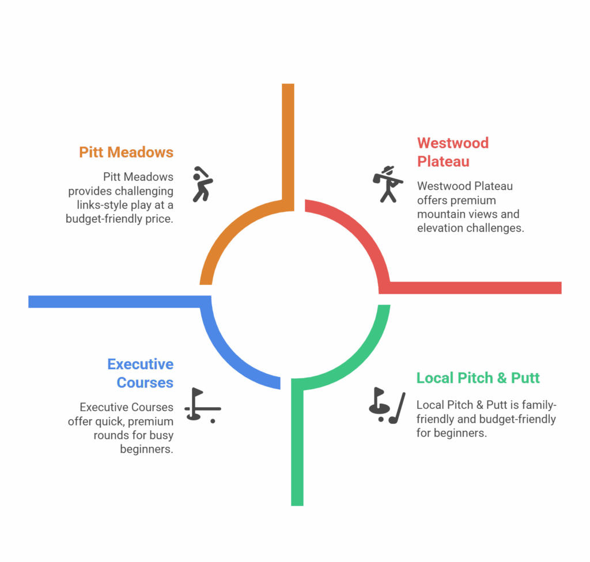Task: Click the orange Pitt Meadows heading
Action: click(126, 152)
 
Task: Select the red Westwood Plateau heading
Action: click(452, 151)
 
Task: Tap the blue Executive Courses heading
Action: click(141, 373)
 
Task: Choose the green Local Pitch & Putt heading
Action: click(478, 378)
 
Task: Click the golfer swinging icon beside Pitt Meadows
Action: click(202, 184)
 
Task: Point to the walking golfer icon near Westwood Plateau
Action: click(388, 184)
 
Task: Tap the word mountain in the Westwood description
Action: click(439, 214)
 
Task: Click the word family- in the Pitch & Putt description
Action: click(536, 405)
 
